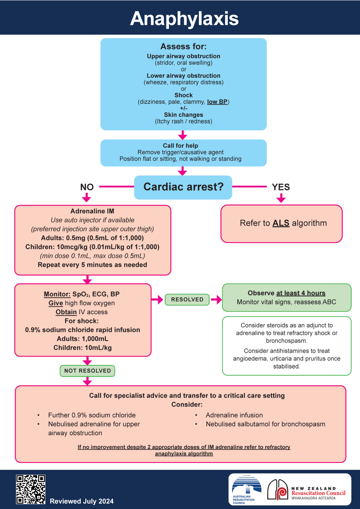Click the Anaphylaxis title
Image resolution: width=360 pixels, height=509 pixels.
[184, 19]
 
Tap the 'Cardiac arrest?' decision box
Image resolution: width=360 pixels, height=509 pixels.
[183, 187]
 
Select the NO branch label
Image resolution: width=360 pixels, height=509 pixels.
[87, 187]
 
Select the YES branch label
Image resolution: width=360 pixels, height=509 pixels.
[281, 187]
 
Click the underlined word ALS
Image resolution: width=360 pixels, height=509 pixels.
[281, 223]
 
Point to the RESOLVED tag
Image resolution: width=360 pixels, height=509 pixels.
[187, 299]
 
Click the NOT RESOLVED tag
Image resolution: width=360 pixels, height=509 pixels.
[87, 371]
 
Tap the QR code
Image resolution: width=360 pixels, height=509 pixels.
[30, 489]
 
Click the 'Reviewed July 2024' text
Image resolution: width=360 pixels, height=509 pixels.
[82, 501]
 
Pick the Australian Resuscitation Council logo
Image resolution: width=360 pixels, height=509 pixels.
[247, 490]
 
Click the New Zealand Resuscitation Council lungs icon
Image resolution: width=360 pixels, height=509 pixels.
[277, 490]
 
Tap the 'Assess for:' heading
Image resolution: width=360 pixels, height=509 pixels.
[183, 47]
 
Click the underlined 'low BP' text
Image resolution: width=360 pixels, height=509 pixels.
[217, 102]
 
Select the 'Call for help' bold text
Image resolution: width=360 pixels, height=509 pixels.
[180, 146]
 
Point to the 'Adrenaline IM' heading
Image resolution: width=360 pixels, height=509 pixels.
[92, 211]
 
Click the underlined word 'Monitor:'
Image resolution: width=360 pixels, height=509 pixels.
[57, 294]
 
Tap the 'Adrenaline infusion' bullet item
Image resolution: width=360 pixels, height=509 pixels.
[234, 415]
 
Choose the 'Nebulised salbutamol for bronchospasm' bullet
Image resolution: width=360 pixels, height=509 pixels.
[265, 424]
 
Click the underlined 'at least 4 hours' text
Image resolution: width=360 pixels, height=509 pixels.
[301, 293]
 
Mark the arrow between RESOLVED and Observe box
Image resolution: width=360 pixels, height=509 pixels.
[216, 299]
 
